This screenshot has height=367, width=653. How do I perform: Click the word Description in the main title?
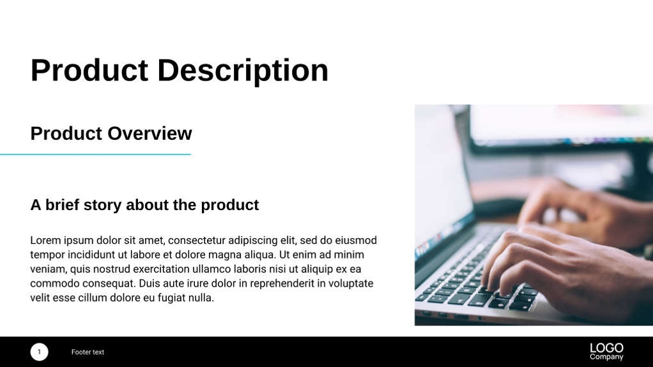pyautogui.click(x=243, y=70)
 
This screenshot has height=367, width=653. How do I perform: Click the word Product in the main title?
pyautogui.click(x=89, y=70)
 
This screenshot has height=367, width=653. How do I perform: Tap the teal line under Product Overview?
pyautogui.click(x=96, y=154)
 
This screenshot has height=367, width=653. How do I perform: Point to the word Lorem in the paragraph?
pyautogui.click(x=45, y=241)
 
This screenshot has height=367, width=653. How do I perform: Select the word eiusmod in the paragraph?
pyautogui.click(x=356, y=241)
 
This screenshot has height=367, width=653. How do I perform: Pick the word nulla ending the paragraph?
pyautogui.click(x=200, y=298)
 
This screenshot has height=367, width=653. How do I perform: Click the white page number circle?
pyautogui.click(x=39, y=352)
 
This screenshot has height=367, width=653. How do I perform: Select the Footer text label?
pyautogui.click(x=88, y=352)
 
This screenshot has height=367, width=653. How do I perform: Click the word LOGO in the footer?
pyautogui.click(x=606, y=348)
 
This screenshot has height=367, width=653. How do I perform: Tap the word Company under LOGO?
pyautogui.click(x=606, y=357)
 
